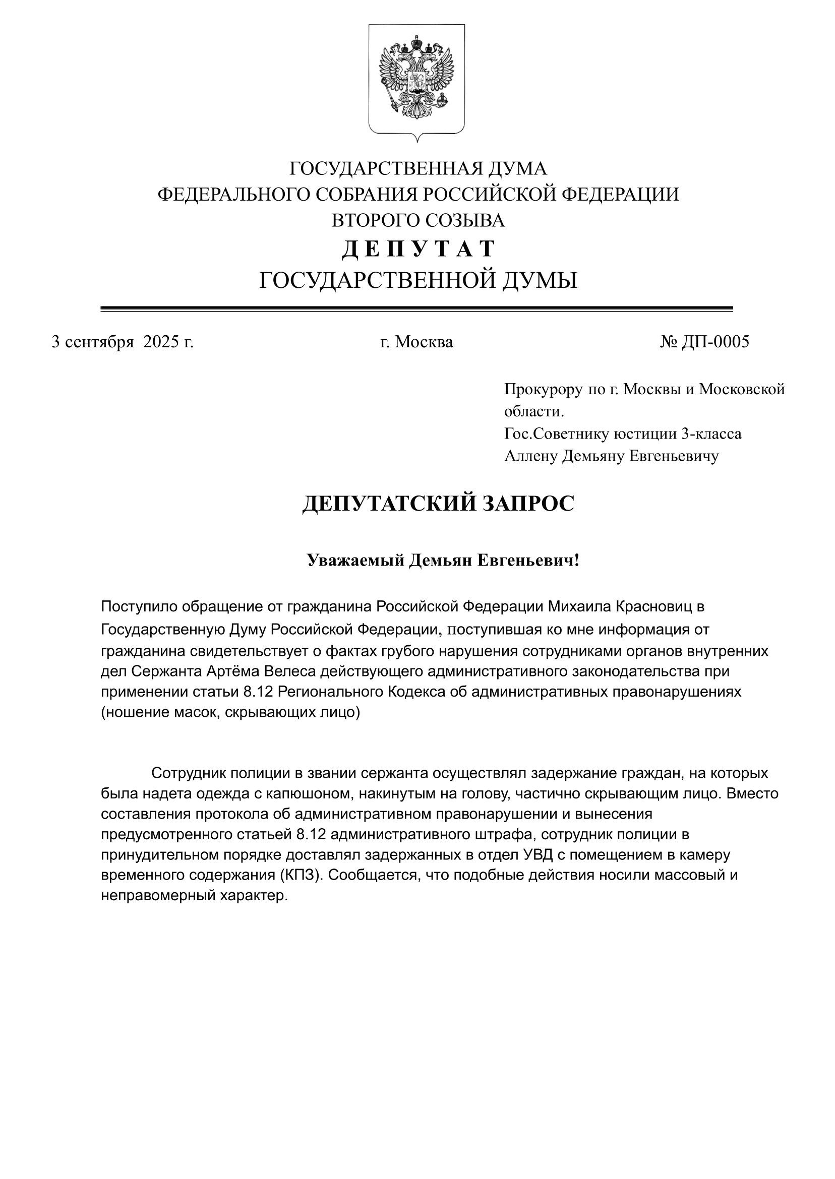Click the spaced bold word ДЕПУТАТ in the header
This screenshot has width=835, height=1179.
[418, 249]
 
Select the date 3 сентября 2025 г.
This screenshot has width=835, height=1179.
[123, 342]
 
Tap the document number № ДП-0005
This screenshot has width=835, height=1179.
[704, 342]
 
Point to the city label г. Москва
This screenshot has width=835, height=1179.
[416, 342]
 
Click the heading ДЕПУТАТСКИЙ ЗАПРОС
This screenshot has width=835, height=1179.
[438, 504]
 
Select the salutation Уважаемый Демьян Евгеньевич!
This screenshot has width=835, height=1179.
[443, 560]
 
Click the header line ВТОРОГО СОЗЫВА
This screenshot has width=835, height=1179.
[418, 220]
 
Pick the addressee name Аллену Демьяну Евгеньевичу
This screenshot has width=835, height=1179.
[611, 456]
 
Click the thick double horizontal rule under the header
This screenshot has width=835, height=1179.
[416, 308]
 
